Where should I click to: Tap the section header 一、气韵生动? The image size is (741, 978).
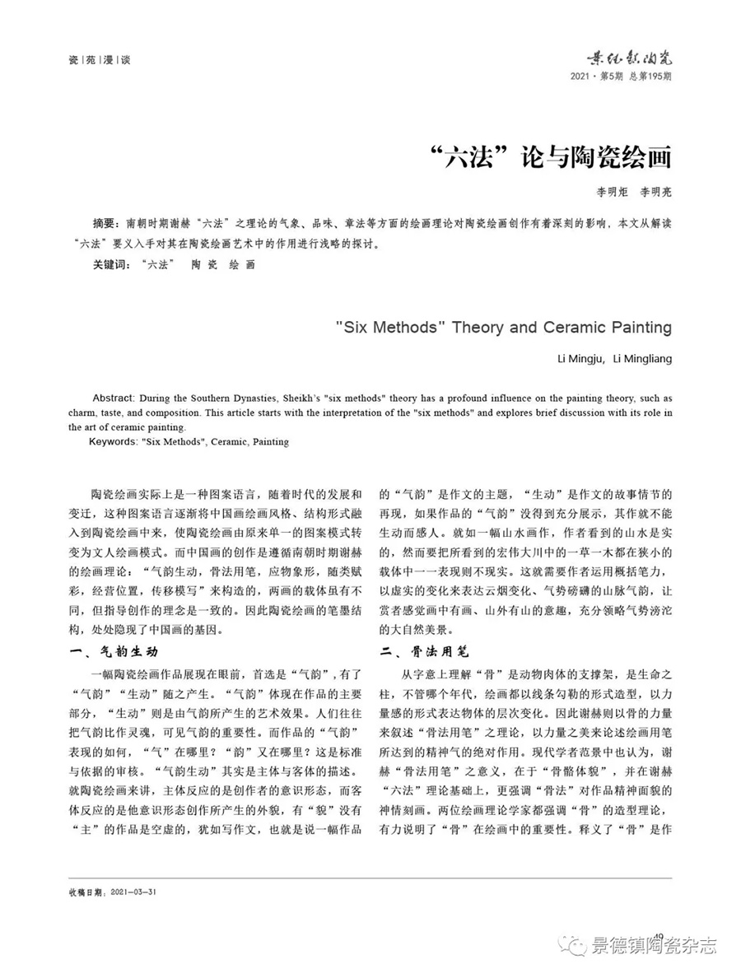(112, 651)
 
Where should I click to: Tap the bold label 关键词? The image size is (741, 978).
(110, 265)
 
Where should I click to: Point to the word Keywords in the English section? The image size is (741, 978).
(113, 442)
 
